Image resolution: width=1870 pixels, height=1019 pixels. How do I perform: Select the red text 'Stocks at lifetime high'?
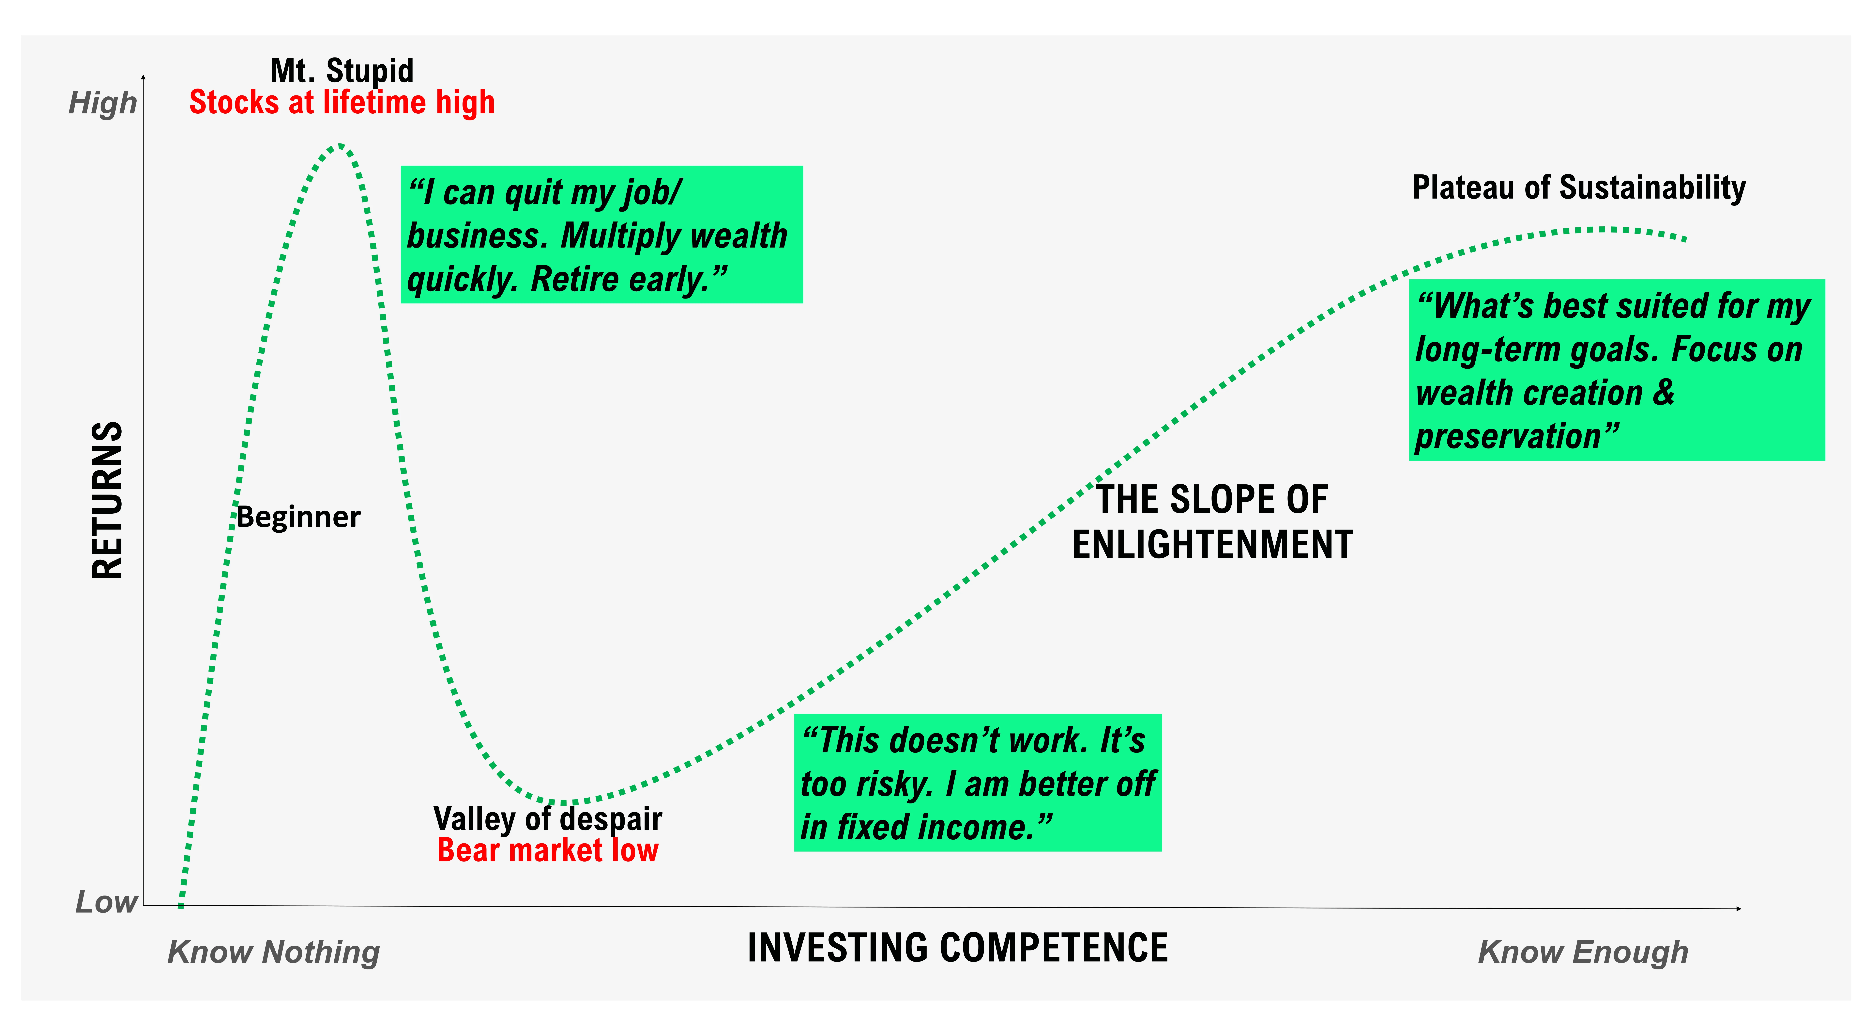coord(342,102)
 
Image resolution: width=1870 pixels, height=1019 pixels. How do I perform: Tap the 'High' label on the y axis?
coord(102,103)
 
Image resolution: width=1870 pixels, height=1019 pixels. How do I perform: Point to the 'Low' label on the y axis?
coord(106,902)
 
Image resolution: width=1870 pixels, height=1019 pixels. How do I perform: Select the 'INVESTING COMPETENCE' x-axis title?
coord(957,948)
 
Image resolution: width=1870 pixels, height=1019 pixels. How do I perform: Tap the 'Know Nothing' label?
coord(274,952)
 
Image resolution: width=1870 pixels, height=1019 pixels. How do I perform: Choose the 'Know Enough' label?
coord(1583,952)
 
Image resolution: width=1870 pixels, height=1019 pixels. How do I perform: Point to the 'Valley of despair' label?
coord(548,818)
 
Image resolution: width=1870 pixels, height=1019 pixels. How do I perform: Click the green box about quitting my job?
coord(602,235)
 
